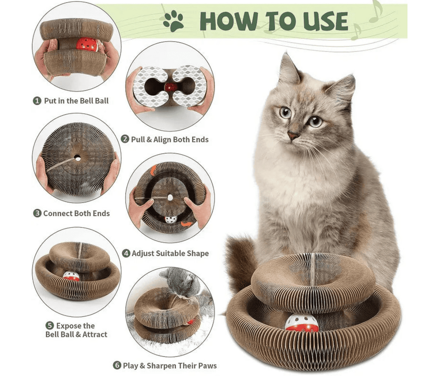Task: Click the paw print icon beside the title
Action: point(173,22)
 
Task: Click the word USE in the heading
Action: point(323,22)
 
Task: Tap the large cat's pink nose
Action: point(293,136)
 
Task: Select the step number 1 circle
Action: point(38,100)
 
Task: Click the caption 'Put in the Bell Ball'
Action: point(76,100)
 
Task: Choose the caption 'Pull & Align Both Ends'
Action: point(169,139)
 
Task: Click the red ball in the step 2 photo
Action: point(170,87)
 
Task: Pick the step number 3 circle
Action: point(37,213)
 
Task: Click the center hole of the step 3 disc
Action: point(77,158)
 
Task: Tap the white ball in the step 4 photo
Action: point(171,220)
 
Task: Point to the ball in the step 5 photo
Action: point(71,276)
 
